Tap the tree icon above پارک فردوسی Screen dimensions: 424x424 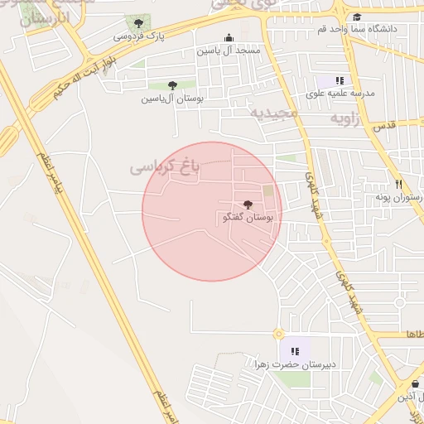point(137,22)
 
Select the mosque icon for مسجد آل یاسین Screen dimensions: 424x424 point(229,37)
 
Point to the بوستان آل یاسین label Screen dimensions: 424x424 point(171,99)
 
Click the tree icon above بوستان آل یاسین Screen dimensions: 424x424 point(172,85)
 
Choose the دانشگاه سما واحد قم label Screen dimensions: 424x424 point(358,29)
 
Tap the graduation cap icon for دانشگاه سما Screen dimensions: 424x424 point(357,17)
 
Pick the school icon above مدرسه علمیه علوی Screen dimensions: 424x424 point(340,80)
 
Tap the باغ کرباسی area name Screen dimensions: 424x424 point(166,166)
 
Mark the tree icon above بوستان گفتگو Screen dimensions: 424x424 point(248,204)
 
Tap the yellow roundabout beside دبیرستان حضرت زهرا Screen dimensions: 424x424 point(278,333)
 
